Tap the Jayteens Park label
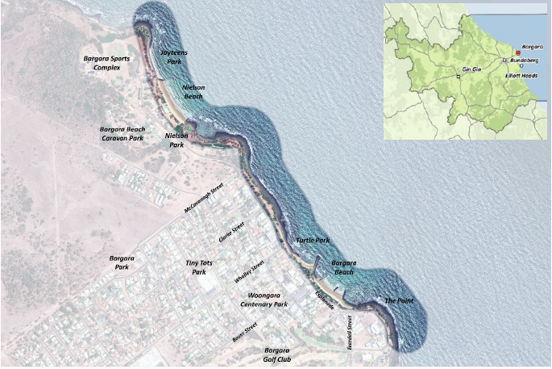173,57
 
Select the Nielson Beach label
193,91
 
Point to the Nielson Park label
176,140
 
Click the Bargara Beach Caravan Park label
122,133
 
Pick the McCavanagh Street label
203,197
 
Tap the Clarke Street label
231,233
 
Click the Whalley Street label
249,271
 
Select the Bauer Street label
244,332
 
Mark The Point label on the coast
401,300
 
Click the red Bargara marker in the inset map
518,53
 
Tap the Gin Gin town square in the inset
458,76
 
